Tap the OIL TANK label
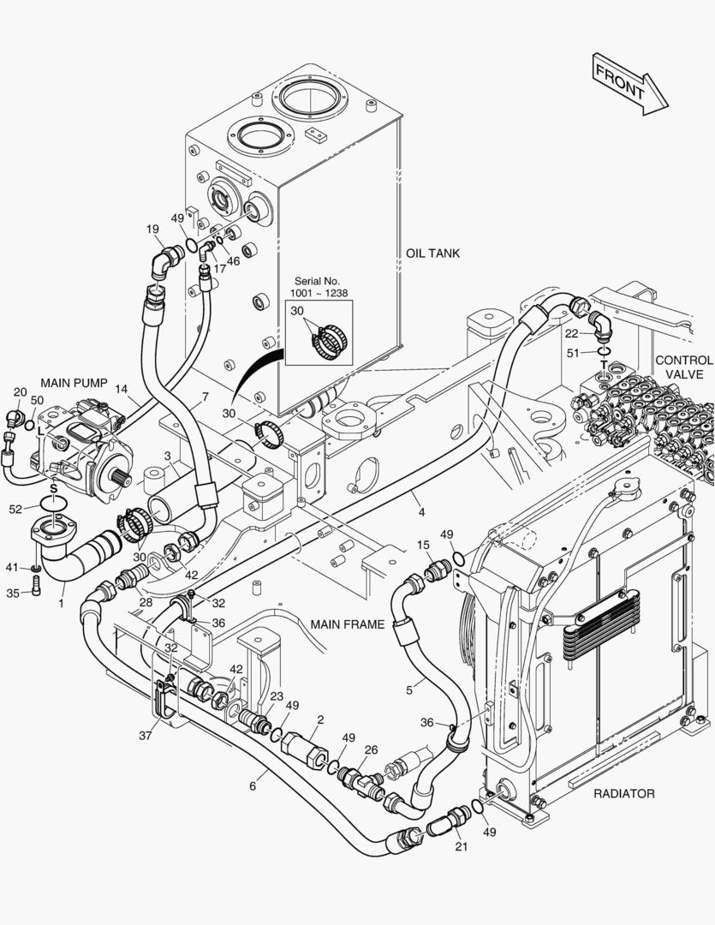pos(433,253)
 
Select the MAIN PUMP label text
pos(74,383)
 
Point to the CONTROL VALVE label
pos(683,367)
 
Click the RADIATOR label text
pos(624,793)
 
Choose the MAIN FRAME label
pos(348,624)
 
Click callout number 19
pos(152,229)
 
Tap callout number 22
pos(572,333)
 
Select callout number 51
pos(573,352)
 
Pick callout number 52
pos(15,509)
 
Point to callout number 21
pos(462,847)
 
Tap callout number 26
pos(371,751)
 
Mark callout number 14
pos(122,389)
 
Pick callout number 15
pos(423,545)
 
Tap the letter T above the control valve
pos(604,365)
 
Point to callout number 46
pos(233,261)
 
